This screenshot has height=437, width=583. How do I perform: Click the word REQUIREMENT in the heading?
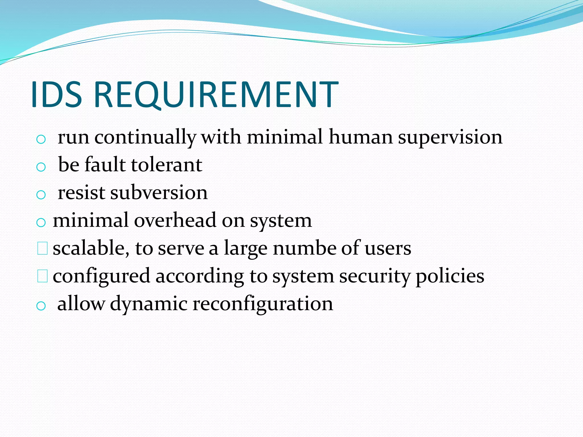click(216, 94)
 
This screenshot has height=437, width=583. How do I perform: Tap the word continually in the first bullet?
click(145, 137)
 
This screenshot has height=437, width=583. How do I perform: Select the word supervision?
click(450, 137)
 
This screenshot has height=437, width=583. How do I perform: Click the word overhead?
click(175, 220)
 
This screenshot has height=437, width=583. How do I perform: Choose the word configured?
click(101, 276)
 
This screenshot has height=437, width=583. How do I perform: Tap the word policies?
click(450, 276)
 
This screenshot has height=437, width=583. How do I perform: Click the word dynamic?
click(148, 304)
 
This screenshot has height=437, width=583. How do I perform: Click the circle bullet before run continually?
click(41, 139)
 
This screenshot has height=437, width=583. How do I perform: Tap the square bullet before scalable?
click(42, 248)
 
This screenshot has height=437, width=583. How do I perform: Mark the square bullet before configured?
click(42, 276)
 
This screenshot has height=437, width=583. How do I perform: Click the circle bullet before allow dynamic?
click(41, 306)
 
